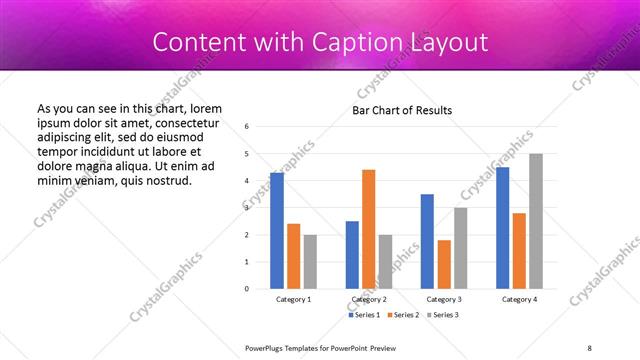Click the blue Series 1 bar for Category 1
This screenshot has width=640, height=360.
click(x=277, y=231)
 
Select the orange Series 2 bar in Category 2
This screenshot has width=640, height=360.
click(x=368, y=229)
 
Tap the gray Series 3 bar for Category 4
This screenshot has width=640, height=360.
click(x=536, y=221)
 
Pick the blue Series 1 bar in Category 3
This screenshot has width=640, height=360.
click(x=427, y=241)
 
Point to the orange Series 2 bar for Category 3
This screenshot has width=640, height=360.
click(x=444, y=264)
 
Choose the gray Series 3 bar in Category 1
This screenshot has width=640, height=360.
click(x=310, y=261)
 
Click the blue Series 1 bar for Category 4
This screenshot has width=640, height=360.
click(x=502, y=228)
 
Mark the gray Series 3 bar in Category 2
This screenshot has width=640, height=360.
click(x=385, y=261)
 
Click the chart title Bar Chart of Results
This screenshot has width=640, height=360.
click(x=403, y=110)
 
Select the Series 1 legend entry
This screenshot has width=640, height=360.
click(x=364, y=315)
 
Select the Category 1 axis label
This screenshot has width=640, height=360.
click(x=294, y=299)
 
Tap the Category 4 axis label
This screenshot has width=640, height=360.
click(x=519, y=299)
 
